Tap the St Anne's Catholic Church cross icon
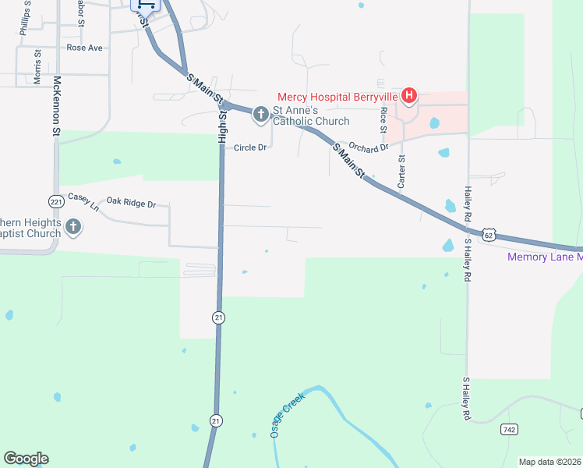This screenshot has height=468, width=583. (260, 115)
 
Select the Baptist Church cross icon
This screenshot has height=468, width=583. (73, 228)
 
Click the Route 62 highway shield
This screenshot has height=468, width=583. (488, 234)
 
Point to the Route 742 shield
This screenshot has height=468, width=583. (509, 429)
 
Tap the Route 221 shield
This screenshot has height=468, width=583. (55, 201)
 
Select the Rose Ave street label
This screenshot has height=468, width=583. (84, 48)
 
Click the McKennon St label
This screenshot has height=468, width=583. (56, 107)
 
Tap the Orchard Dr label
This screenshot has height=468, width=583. (368, 147)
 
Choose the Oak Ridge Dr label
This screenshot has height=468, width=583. (132, 204)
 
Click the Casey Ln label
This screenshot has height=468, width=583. (83, 201)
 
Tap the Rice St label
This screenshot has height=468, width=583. (383, 120)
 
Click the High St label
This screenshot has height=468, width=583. (222, 127)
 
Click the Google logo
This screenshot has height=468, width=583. (26, 459)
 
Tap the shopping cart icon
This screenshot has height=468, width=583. (149, 4)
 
